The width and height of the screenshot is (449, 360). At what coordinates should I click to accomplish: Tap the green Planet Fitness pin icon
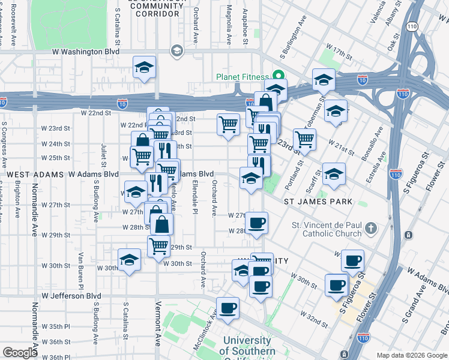pos(278,76)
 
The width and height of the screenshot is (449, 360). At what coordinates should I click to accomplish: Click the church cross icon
pos(371,229)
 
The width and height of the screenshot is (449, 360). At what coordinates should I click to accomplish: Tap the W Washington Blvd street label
pos(85,52)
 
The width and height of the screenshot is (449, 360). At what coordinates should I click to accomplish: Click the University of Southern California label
pos(248,346)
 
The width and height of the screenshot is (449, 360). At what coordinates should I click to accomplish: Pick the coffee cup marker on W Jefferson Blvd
pos(228,308)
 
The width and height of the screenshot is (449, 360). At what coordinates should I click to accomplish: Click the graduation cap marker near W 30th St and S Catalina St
pos(129,260)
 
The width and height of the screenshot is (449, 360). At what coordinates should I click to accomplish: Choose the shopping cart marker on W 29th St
pos(158,245)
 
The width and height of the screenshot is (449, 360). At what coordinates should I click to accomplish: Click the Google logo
pos(20,352)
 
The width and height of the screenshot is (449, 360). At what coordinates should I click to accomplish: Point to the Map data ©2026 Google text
pos(411,355)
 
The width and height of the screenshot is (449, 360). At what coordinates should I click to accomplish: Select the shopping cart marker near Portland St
pos(305,139)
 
